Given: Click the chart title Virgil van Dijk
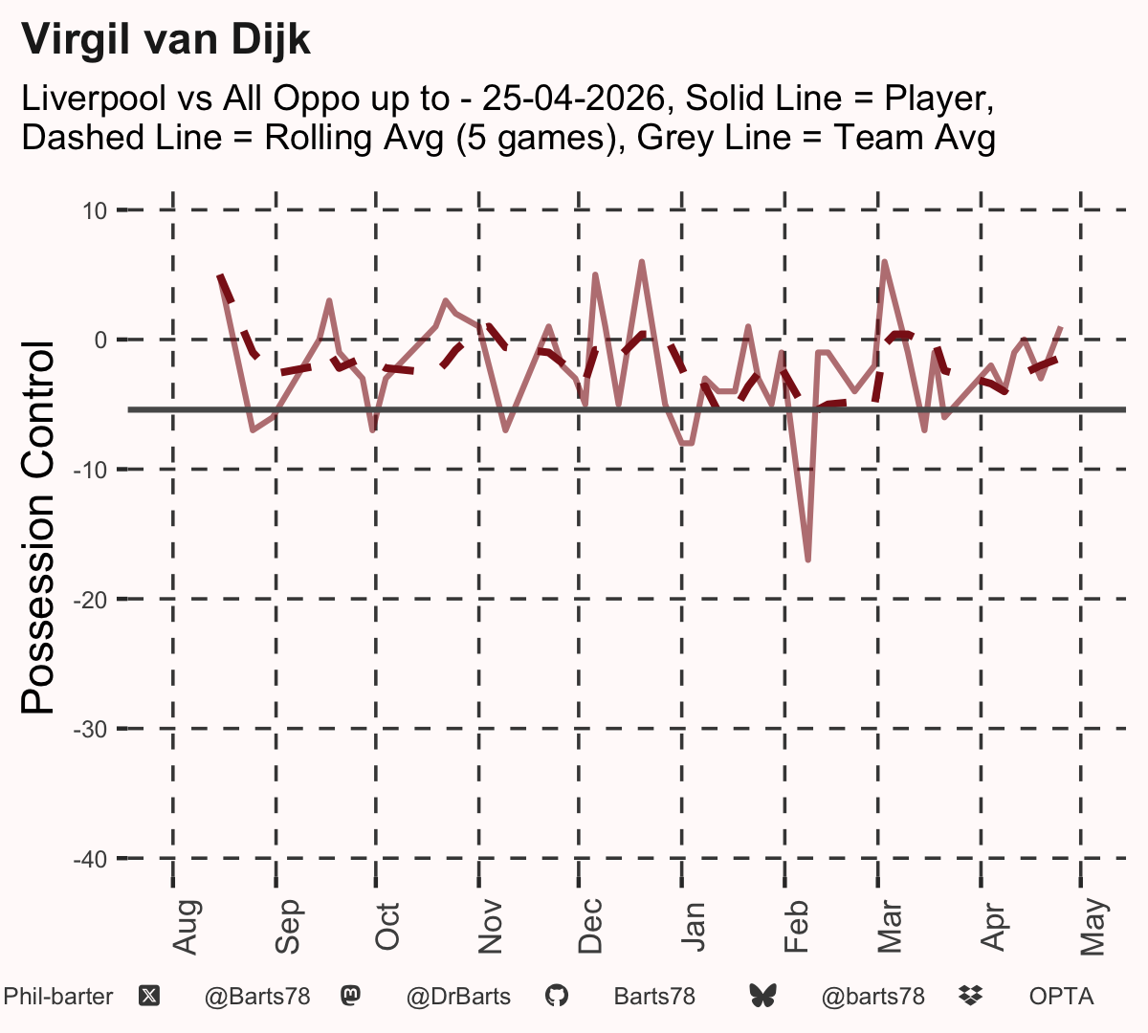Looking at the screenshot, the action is [166, 40].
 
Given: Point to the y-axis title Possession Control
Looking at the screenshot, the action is [37, 527].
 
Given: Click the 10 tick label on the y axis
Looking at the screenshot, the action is [95, 211].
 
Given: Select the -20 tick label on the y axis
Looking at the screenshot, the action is [91, 601].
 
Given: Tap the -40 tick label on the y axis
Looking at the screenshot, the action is [91, 859].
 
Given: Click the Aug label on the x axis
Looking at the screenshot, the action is [186, 927].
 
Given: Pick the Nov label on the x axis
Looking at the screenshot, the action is [491, 927].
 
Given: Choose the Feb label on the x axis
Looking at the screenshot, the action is [796, 927].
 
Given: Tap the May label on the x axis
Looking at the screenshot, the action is [1094, 927].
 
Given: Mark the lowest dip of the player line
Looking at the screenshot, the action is [808, 560].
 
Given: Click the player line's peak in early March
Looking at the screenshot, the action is [885, 262].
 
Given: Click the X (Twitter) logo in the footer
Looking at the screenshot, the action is [149, 997].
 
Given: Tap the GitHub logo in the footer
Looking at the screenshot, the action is [557, 997].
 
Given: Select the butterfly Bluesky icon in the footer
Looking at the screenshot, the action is [762, 997].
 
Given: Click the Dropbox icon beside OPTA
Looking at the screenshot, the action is [971, 997].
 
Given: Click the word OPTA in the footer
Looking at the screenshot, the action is [1061, 997].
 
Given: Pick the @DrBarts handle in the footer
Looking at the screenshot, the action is [458, 997].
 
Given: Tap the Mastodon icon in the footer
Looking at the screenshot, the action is [350, 996].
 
